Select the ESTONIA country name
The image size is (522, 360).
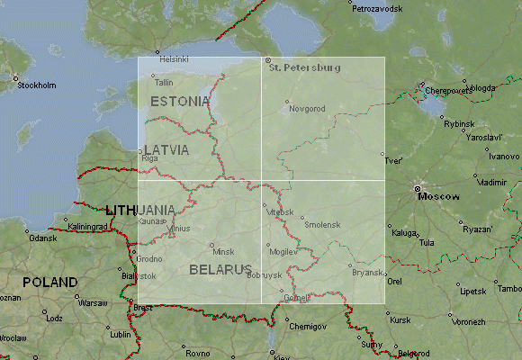[x=181, y=102]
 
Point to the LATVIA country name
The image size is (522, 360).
[x=166, y=149]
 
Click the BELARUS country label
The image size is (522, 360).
[x=220, y=269]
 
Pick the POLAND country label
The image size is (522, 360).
[x=49, y=282]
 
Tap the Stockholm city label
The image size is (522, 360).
[x=37, y=85]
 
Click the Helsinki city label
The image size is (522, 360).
[x=174, y=58]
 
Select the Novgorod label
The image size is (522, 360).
[x=307, y=109]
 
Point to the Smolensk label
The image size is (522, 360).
[x=323, y=224]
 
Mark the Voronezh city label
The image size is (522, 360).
[x=468, y=321]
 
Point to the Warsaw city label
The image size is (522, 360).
[x=93, y=303]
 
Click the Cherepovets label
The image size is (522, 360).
[x=448, y=90]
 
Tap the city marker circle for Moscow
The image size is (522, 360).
[x=418, y=188]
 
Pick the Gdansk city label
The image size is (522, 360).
[x=42, y=238]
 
